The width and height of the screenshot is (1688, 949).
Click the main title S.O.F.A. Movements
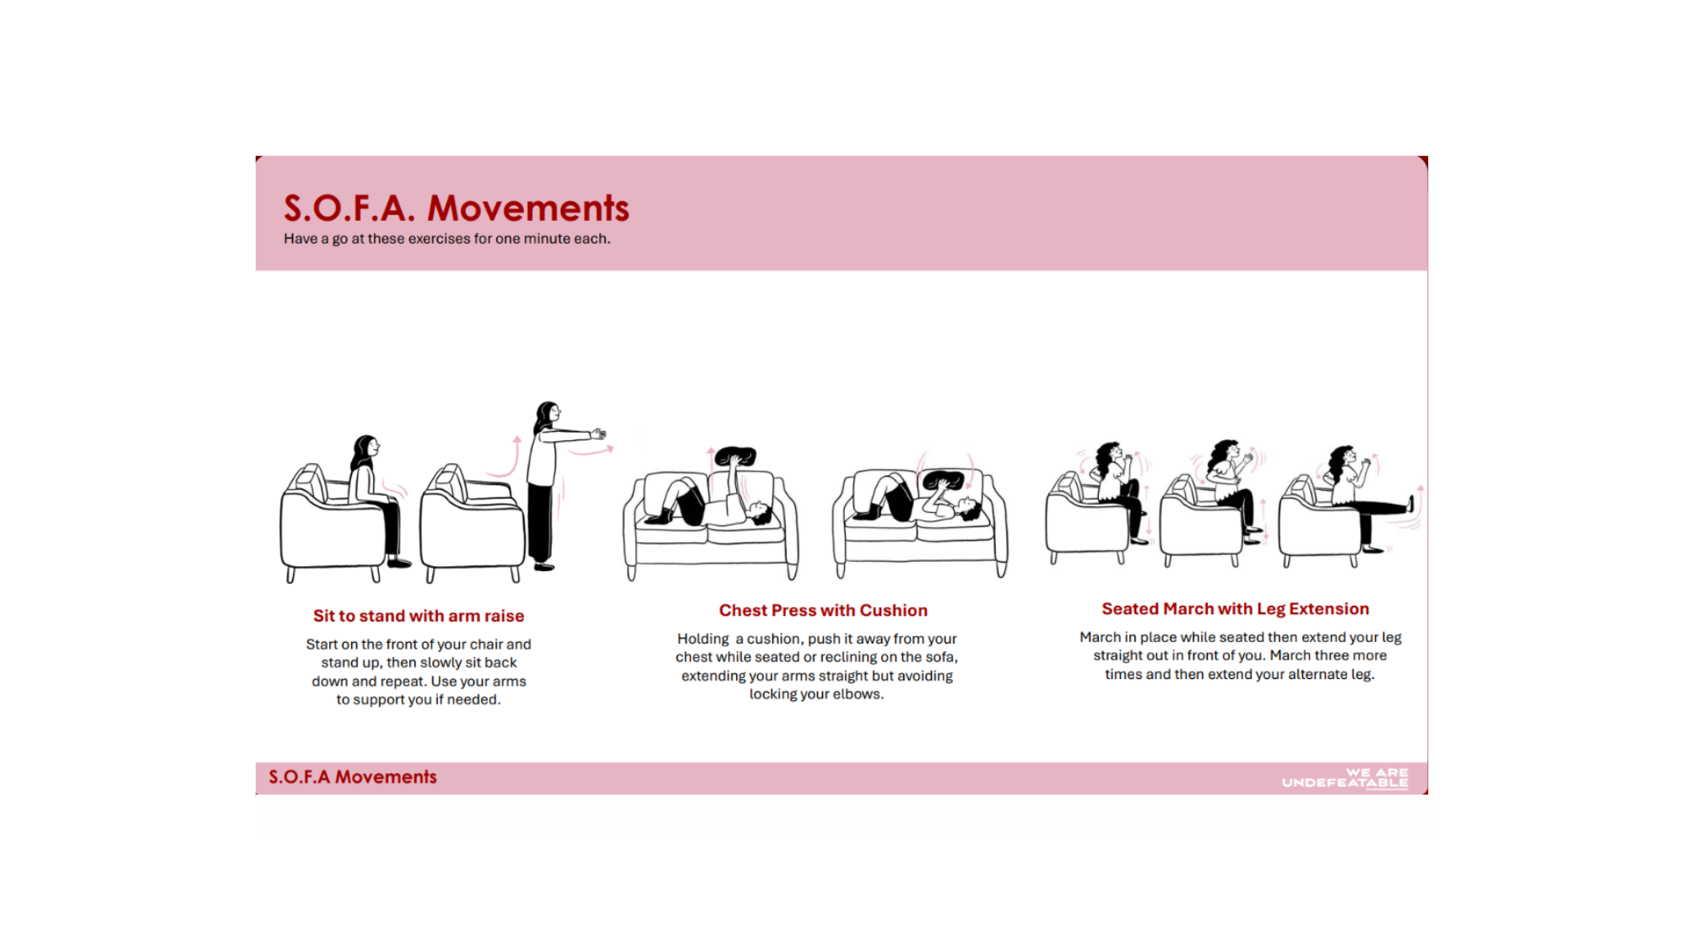(x=456, y=208)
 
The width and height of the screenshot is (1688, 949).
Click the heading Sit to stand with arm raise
(x=419, y=616)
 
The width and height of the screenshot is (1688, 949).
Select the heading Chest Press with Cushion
(x=823, y=610)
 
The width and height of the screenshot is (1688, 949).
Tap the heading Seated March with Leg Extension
(x=1235, y=608)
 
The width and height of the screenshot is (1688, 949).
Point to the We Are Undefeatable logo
(x=1345, y=778)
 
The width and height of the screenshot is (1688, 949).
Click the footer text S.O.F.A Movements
(x=353, y=777)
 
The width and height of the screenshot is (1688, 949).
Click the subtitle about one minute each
(x=446, y=239)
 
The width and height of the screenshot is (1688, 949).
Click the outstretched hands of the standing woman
(x=598, y=434)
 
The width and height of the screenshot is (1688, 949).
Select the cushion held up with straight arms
(x=734, y=456)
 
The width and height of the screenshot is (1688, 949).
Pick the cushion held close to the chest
(x=944, y=481)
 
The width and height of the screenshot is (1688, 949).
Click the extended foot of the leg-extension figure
(x=1410, y=504)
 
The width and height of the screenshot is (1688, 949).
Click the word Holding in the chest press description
(x=703, y=639)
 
